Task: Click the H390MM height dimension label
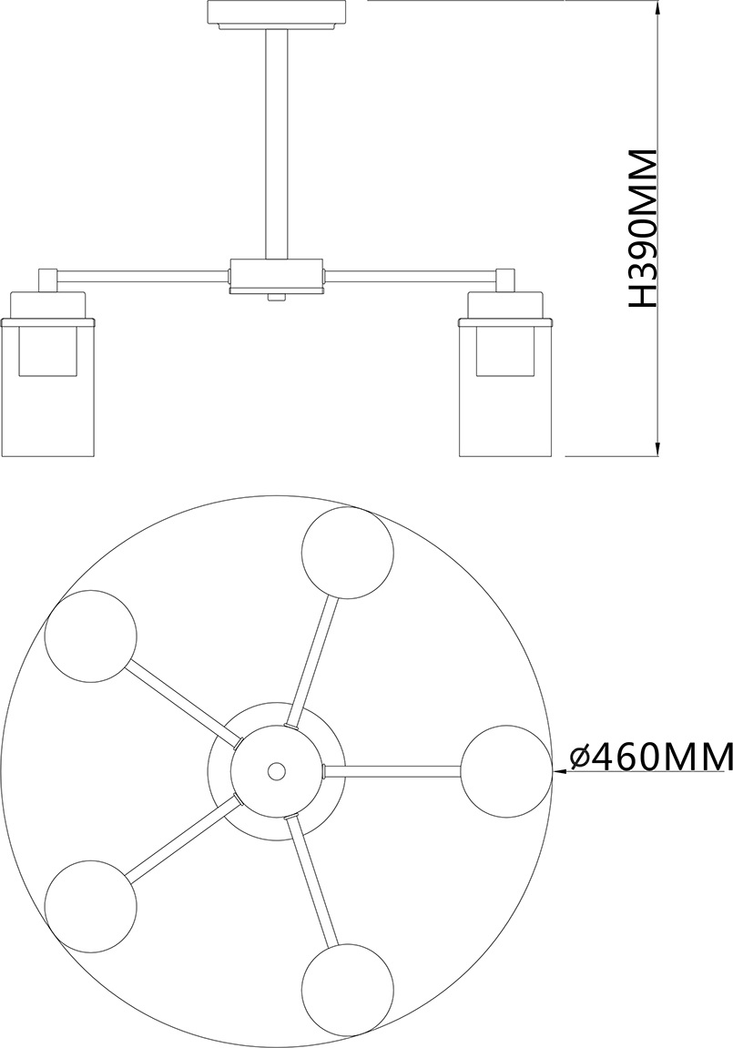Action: point(644,229)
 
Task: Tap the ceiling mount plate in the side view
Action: point(278,15)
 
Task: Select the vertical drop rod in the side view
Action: point(278,144)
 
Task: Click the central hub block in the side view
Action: point(278,276)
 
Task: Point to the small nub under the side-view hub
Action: point(278,298)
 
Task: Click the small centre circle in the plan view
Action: point(275,770)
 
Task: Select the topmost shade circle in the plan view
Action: point(348,553)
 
